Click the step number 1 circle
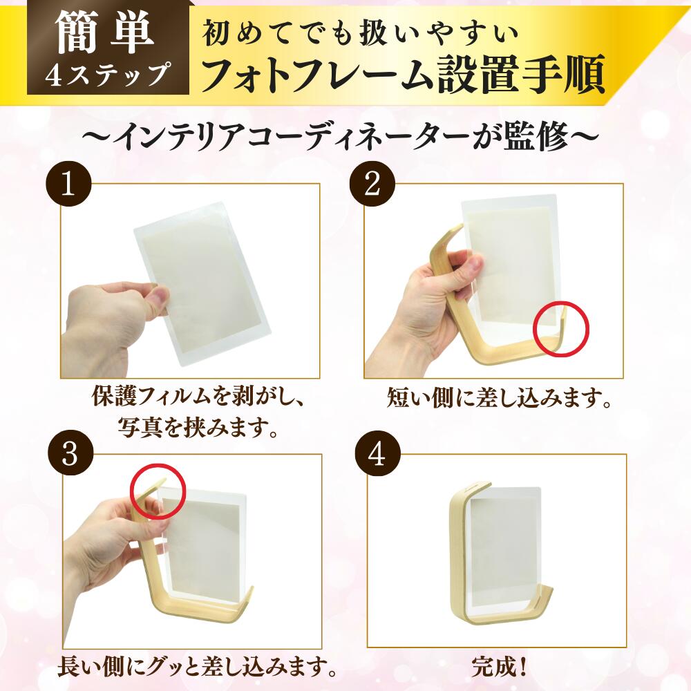coord(68,185)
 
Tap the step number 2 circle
coord(372,185)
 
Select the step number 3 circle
coord(70,455)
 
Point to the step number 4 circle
coord(378,455)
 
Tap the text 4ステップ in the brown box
coord(108,74)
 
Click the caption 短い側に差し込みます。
coord(498,397)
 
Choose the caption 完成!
coord(500,668)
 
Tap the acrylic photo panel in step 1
coord(202,284)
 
